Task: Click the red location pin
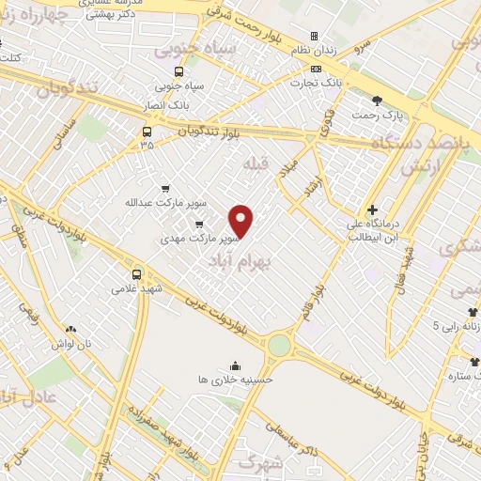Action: click(241, 220)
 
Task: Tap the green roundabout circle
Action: click(279, 345)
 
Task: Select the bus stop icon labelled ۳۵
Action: click(147, 132)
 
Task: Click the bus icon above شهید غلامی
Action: click(137, 274)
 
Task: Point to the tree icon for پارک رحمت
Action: click(377, 101)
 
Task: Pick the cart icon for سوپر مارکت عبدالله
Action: click(166, 188)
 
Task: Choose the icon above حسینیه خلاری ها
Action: click(233, 365)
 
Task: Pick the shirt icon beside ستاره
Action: click(475, 361)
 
